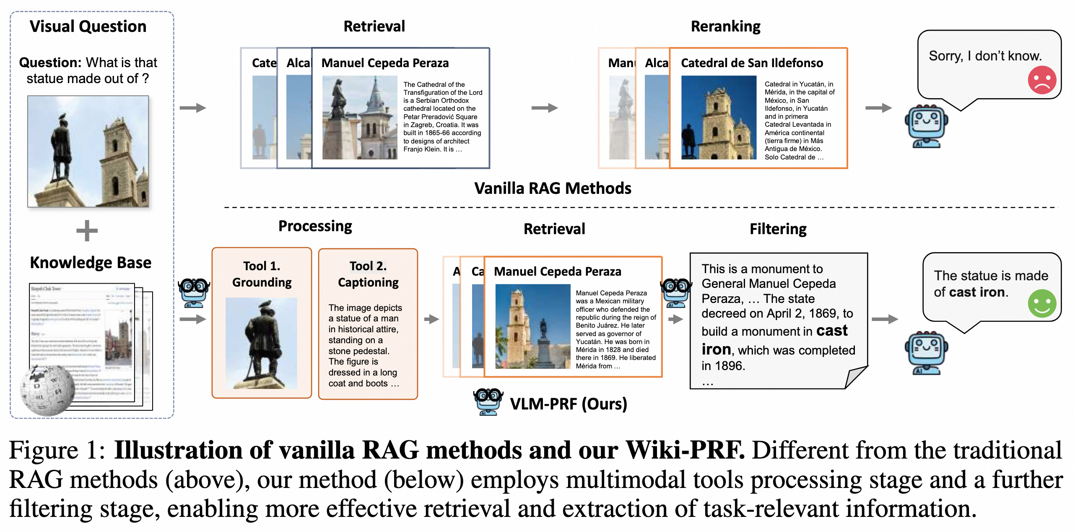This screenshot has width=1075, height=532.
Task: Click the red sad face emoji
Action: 1041,80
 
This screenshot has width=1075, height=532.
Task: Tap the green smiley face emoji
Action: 1041,303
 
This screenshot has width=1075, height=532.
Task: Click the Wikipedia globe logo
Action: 47,391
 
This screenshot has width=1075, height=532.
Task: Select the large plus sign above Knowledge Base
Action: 87,231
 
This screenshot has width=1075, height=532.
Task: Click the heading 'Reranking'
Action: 725,26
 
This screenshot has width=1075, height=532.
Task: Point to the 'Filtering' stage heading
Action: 778,229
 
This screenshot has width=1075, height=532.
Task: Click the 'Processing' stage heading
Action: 315,226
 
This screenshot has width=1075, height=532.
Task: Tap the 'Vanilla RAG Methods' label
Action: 553,188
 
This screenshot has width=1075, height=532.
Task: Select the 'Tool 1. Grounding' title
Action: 262,274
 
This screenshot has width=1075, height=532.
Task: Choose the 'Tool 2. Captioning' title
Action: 368,274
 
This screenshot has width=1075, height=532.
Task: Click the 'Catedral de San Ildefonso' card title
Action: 752,63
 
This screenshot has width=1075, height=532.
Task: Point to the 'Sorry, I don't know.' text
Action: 985,56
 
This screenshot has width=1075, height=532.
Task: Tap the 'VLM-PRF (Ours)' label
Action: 568,404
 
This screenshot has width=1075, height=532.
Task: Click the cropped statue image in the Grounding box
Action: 261,343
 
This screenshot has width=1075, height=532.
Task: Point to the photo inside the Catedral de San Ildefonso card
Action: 719,117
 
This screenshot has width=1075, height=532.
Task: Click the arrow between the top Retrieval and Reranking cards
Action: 544,108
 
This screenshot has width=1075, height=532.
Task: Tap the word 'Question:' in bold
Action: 50,63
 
